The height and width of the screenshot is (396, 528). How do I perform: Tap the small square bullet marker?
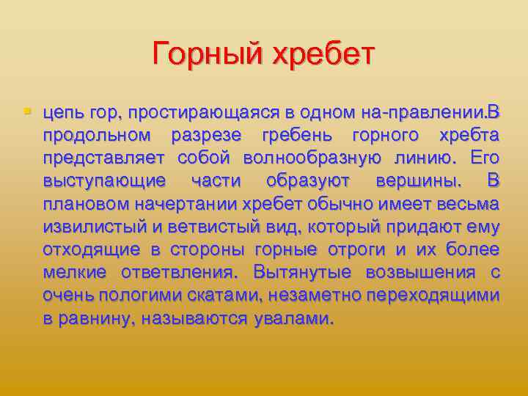coord(28,112)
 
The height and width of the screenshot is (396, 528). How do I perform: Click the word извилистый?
coord(88,227)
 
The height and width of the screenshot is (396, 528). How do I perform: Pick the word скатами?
coord(229,296)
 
